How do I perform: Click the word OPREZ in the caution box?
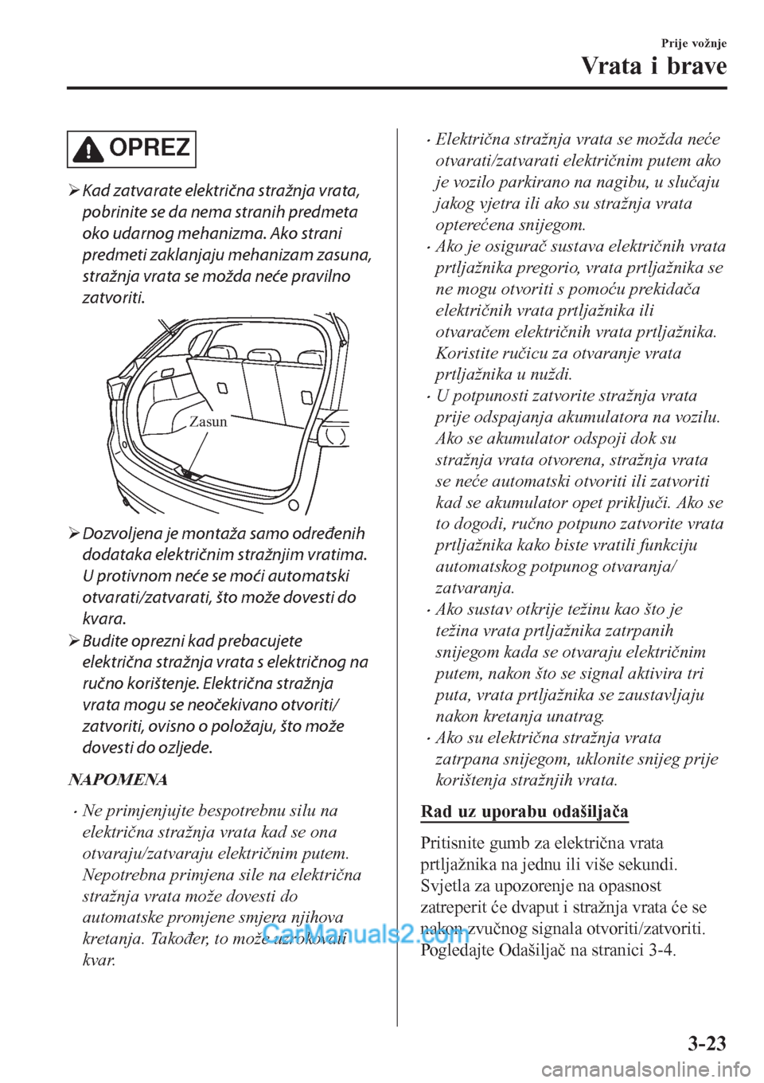coord(149,148)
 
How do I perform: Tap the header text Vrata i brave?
coord(653,65)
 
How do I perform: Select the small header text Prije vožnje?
coord(692,43)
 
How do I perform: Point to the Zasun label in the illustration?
coord(209,422)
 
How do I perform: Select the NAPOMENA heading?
coord(118,779)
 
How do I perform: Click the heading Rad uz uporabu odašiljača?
coord(524,811)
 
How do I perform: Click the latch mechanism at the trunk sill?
coord(191,475)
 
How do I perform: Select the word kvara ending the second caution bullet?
coord(103,619)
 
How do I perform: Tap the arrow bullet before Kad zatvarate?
coord(73,191)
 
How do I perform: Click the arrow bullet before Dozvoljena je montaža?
coord(73,534)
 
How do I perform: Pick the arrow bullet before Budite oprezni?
coord(73,641)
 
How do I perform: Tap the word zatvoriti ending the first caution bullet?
coord(113,299)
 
